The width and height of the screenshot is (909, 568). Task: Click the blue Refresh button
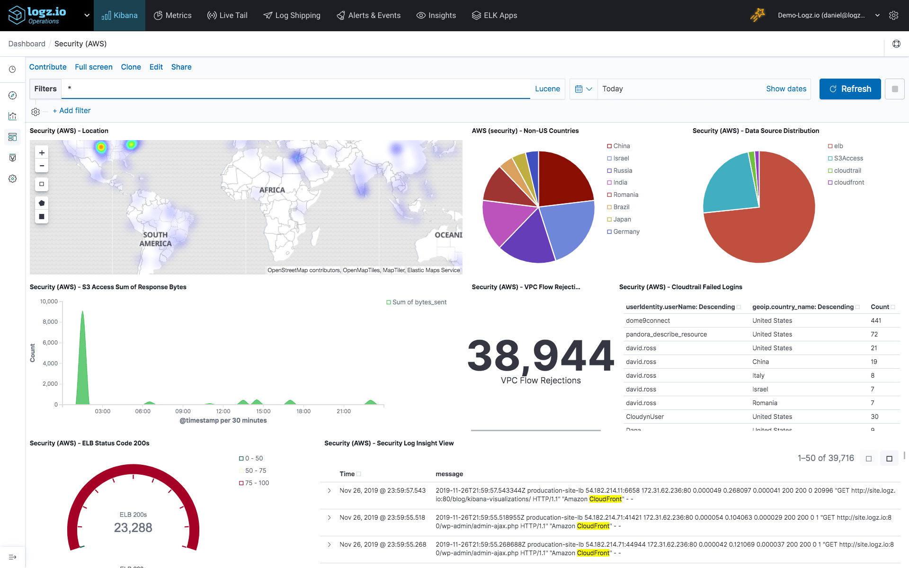[x=850, y=89]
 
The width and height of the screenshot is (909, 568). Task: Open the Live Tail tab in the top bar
[x=227, y=15]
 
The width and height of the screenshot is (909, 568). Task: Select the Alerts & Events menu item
[x=368, y=15]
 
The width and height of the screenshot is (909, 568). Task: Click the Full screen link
[x=94, y=67]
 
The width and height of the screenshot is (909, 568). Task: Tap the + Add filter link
[x=71, y=111]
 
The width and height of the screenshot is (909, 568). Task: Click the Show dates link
[x=786, y=89]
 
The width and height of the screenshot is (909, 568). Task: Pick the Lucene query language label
[x=547, y=89]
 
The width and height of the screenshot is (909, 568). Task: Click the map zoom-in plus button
[x=42, y=153]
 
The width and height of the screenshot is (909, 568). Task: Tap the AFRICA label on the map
[x=272, y=190]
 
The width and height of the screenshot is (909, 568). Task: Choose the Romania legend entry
[x=625, y=195]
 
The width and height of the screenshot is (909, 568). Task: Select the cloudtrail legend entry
[x=847, y=170]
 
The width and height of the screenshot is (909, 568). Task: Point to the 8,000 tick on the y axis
[x=50, y=322]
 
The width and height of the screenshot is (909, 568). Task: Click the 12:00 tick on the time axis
[x=223, y=411]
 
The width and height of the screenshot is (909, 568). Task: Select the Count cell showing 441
[x=876, y=321]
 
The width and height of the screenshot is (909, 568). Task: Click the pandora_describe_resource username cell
[x=666, y=335]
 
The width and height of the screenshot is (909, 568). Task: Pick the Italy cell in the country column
[x=758, y=376]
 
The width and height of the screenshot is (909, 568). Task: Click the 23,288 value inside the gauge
[x=133, y=528]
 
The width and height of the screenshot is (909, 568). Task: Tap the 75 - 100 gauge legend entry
[x=257, y=483]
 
